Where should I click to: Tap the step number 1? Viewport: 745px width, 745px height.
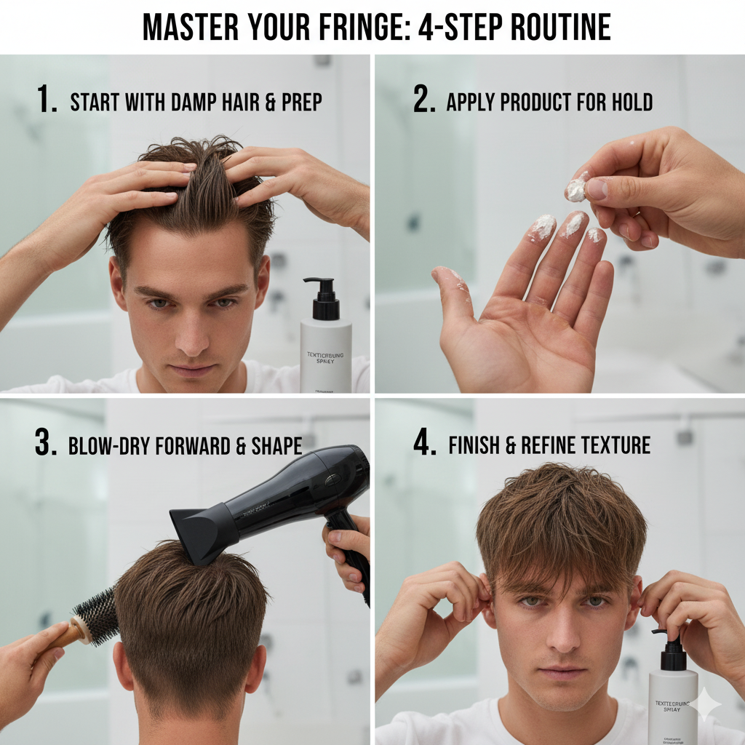click(x=47, y=100)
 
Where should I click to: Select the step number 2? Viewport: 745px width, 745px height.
click(x=424, y=100)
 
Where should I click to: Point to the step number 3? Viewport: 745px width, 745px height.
click(x=46, y=444)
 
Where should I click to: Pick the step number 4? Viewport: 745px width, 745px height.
click(x=424, y=444)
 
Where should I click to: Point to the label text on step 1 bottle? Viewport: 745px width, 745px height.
click(x=325, y=357)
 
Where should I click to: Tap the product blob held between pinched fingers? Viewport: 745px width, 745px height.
click(x=575, y=190)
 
